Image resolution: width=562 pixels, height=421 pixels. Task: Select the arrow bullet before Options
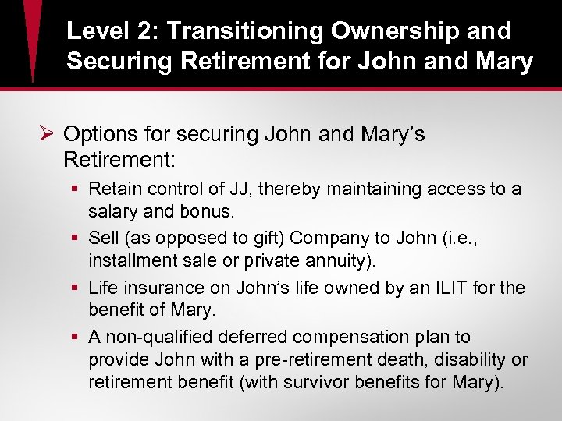click(48, 135)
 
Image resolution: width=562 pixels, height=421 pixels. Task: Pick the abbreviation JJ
click(239, 189)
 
